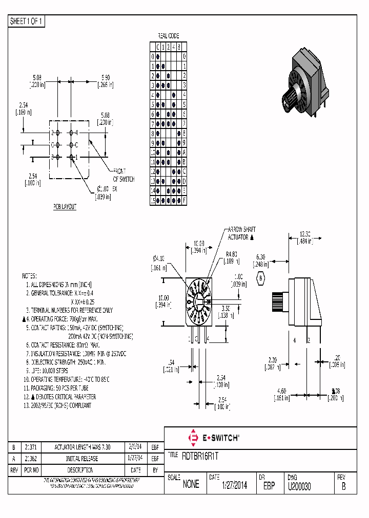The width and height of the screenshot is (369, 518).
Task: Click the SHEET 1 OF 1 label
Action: [27, 21]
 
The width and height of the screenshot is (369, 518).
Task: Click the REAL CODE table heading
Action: [168, 36]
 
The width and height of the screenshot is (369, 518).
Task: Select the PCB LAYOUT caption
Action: [65, 206]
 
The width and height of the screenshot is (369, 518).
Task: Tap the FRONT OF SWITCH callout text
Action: [124, 176]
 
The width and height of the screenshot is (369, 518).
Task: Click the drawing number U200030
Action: [299, 485]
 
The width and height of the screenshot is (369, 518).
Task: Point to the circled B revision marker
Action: [261, 277]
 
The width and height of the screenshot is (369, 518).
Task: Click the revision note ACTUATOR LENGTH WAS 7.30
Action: [83, 447]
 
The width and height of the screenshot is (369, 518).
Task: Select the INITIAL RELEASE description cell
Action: [83, 459]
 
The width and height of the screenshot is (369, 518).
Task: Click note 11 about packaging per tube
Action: [59, 387]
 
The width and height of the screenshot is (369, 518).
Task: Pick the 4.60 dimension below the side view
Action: [279, 391]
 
